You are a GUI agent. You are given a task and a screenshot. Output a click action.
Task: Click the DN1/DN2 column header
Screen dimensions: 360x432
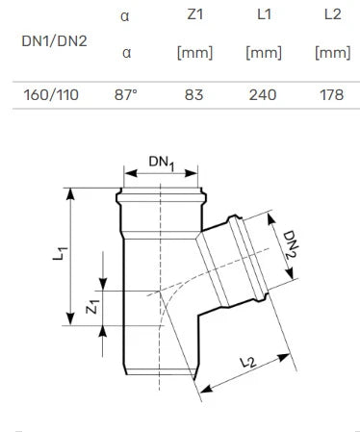(54, 41)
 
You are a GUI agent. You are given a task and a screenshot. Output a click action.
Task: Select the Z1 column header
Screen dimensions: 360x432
(195, 14)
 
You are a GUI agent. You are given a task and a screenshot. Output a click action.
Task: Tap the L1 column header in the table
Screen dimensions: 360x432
(264, 14)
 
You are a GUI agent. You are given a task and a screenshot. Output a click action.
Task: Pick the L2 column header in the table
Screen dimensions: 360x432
(333, 14)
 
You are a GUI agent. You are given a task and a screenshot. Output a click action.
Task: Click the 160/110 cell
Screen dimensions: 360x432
(51, 95)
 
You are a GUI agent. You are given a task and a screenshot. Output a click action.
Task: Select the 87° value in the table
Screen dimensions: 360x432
(126, 95)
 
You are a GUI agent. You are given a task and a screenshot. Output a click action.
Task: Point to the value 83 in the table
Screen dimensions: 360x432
(194, 95)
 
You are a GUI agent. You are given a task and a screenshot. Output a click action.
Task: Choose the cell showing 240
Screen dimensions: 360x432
(263, 95)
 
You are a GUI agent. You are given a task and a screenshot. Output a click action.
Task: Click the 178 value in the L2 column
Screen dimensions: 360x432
(332, 95)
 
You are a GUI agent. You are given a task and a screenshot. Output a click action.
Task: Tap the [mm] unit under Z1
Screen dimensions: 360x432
(195, 53)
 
